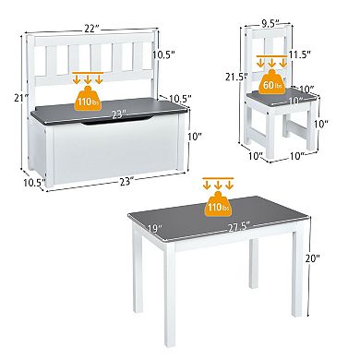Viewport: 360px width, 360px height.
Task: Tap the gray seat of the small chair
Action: click(277, 112)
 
